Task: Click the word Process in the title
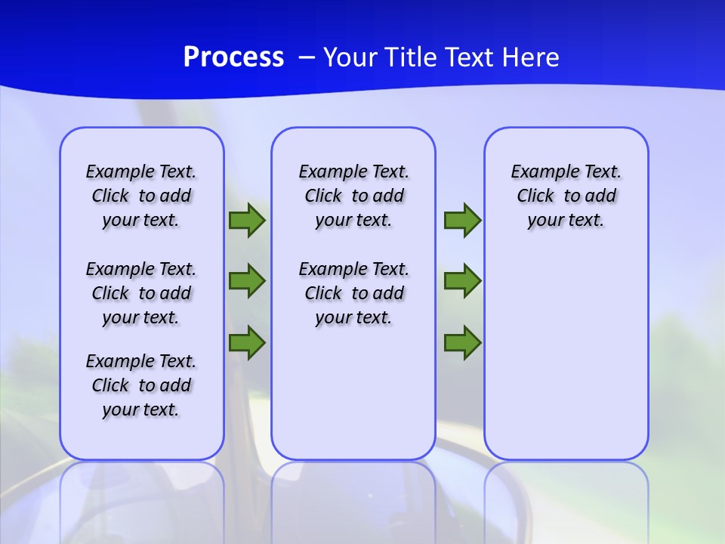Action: click(x=233, y=57)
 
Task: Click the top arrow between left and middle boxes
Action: click(x=247, y=221)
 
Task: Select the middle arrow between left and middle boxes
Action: click(x=247, y=281)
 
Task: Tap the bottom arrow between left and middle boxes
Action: click(x=247, y=343)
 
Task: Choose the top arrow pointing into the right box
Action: click(x=462, y=221)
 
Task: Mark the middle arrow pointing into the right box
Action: click(x=462, y=281)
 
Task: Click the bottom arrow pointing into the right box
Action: click(x=462, y=343)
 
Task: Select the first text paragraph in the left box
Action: click(x=141, y=196)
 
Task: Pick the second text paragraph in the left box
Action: click(x=141, y=293)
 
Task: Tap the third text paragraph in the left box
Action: click(x=141, y=385)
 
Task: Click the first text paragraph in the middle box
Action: click(x=353, y=196)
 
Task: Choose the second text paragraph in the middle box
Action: click(x=353, y=293)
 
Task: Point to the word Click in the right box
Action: click(x=535, y=196)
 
